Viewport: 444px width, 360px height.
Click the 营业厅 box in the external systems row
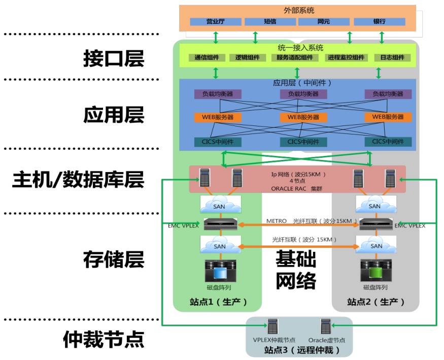click(215, 22)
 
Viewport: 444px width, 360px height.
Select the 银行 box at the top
click(379, 22)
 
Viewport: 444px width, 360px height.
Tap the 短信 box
click(269, 22)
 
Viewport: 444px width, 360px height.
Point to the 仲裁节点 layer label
click(104, 338)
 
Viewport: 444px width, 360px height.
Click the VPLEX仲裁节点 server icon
click(274, 326)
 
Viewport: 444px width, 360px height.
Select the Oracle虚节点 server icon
click(326, 326)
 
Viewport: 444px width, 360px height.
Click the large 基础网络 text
click(296, 270)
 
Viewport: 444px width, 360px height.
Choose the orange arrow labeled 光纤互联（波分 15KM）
click(297, 247)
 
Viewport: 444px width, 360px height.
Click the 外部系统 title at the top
click(298, 10)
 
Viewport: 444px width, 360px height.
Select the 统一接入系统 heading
click(300, 48)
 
